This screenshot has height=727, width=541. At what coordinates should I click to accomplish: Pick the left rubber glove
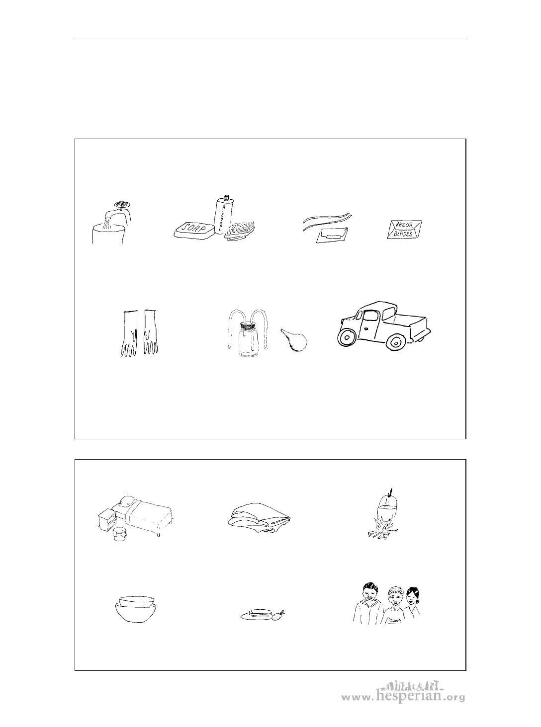[129, 333]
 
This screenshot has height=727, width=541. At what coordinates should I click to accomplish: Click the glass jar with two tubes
[249, 339]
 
